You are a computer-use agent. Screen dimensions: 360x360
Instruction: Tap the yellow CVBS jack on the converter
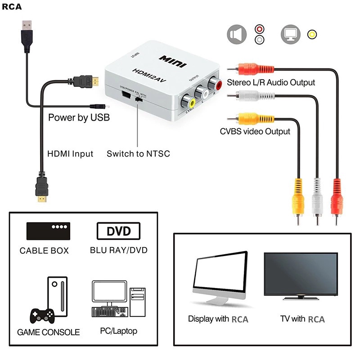point(191,103)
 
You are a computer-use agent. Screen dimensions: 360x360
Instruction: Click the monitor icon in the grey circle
point(290,35)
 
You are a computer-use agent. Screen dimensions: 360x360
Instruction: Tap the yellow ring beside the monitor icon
point(311,35)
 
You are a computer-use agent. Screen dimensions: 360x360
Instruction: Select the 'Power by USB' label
point(79,118)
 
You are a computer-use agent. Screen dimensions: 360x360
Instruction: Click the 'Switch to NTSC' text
point(138,154)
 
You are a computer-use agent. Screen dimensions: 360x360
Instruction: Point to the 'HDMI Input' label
point(70,154)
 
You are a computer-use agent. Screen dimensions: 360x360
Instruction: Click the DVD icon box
point(118,231)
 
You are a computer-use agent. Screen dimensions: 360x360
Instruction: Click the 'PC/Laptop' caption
point(118,331)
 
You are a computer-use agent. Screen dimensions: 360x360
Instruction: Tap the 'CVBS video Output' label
point(255,131)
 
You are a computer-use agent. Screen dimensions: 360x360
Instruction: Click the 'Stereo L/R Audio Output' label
point(271,82)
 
